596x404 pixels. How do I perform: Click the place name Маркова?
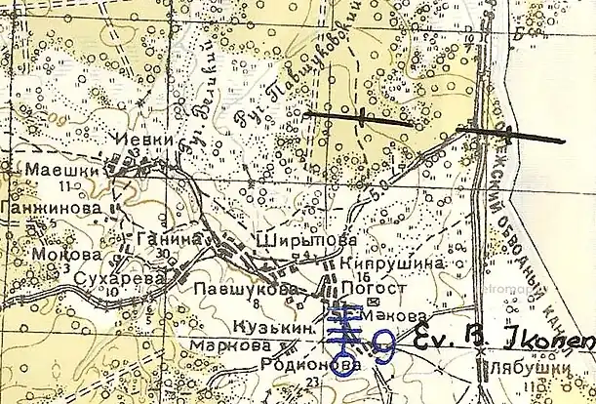point(230,346)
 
